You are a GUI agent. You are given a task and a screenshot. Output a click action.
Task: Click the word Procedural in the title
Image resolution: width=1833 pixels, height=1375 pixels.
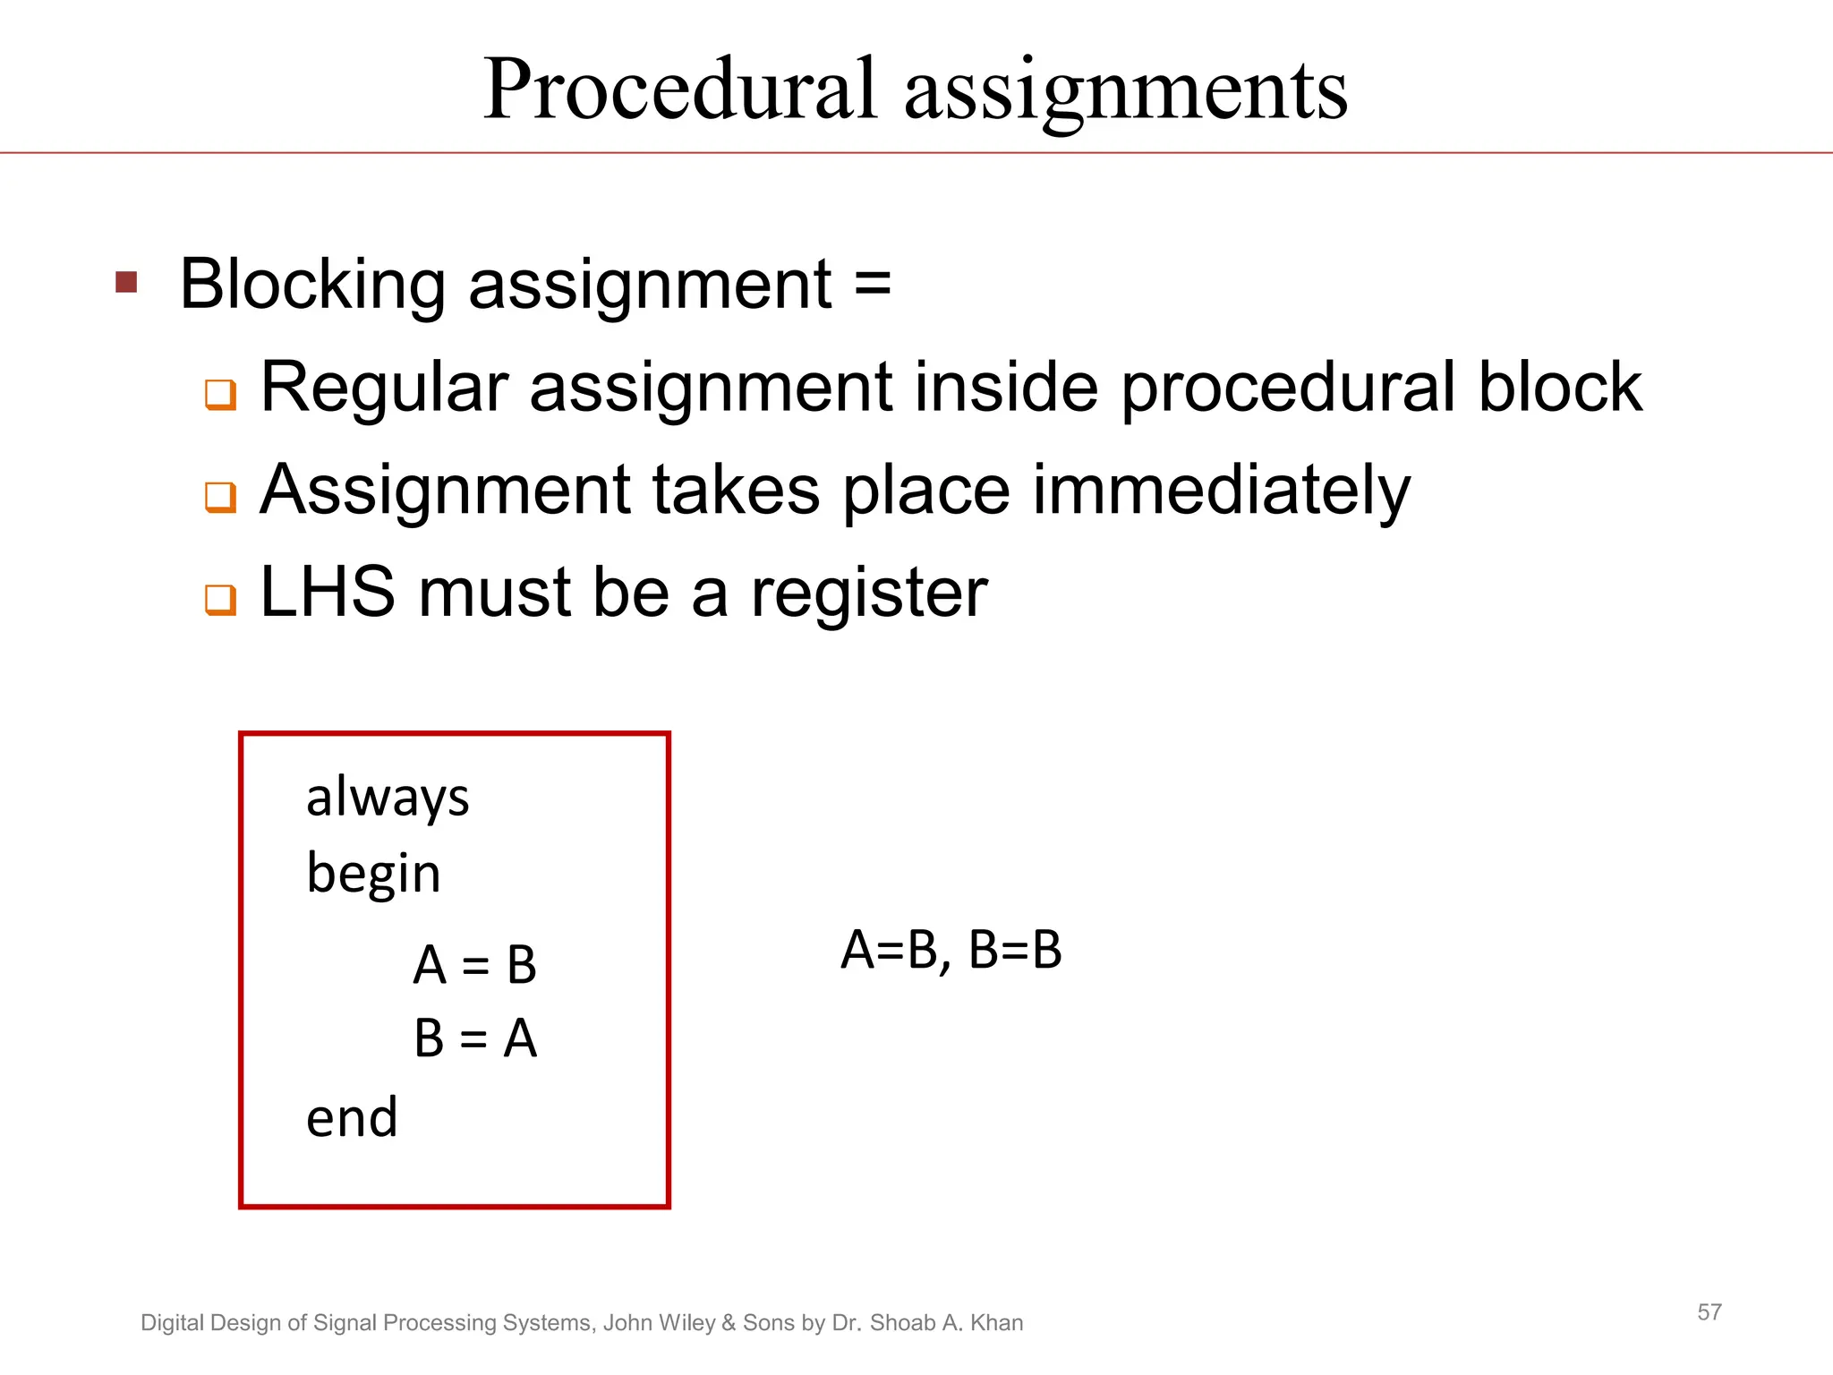[x=680, y=90]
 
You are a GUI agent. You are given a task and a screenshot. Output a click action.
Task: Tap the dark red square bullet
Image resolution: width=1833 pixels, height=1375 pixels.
[x=126, y=283]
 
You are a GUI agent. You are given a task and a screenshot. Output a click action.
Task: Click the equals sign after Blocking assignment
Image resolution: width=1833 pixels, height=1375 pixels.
[x=872, y=285]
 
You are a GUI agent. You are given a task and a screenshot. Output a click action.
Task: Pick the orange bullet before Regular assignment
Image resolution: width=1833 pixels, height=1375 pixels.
[x=220, y=394]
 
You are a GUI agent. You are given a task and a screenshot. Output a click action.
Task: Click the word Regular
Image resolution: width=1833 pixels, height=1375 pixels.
[x=384, y=389]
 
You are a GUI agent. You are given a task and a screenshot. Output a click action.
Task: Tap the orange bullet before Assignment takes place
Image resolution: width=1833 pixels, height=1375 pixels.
[x=220, y=496]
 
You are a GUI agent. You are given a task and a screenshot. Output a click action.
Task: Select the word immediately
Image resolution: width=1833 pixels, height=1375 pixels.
[x=1221, y=491]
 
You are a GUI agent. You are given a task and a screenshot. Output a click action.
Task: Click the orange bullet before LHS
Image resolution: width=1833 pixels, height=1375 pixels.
[x=220, y=599]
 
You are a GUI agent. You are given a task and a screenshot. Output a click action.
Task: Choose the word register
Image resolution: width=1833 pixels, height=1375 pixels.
[x=868, y=594]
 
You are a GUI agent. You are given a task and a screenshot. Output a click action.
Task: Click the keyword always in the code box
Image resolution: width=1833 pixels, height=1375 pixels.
[x=388, y=797]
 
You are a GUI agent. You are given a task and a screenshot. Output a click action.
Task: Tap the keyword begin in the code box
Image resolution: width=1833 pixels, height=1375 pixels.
[x=373, y=874]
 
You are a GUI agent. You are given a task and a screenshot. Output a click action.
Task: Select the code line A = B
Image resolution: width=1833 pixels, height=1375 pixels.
[x=474, y=965]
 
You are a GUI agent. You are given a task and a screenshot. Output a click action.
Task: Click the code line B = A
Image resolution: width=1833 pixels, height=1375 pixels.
[x=474, y=1038]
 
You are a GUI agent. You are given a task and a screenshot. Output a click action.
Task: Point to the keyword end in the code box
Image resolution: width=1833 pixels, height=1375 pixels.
[x=352, y=1118]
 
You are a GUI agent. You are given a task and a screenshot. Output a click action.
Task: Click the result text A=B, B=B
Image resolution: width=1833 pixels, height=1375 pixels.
[x=951, y=951]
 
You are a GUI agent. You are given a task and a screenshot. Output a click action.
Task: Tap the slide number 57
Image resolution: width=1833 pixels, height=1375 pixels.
[x=1709, y=1312]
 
